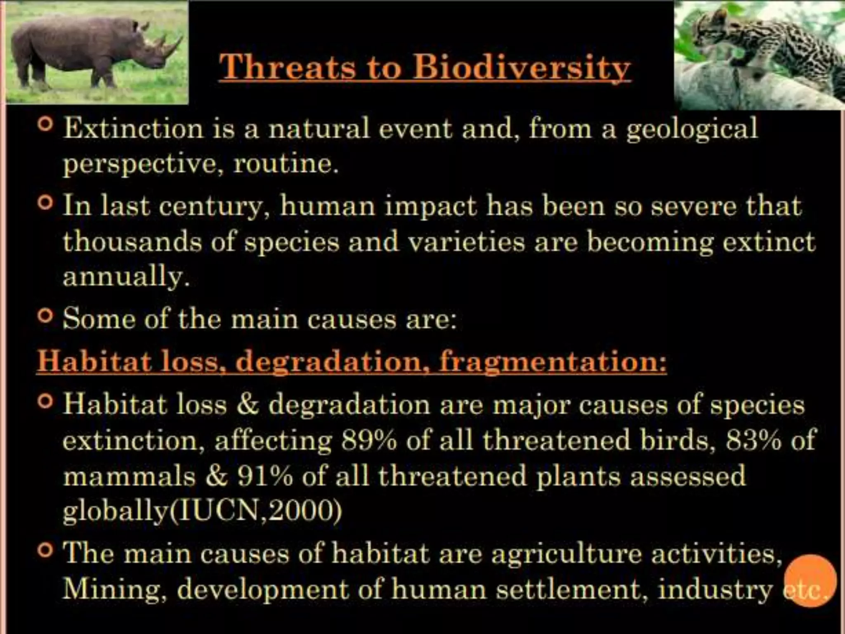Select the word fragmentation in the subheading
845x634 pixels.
coord(552,362)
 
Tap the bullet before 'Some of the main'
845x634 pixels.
coord(45,316)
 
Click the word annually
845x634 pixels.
coord(126,277)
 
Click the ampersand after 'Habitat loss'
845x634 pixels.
coord(248,405)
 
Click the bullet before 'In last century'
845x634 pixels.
coord(45,203)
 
